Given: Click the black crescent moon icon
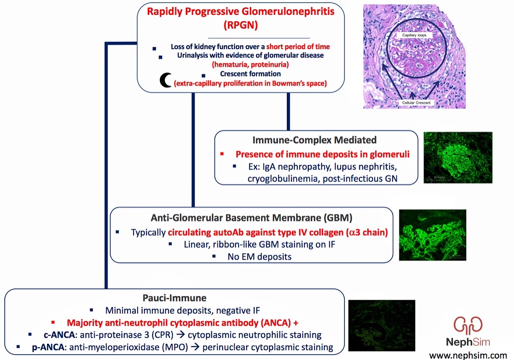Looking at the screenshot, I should point(166,80).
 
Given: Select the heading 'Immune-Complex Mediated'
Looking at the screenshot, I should point(315,140).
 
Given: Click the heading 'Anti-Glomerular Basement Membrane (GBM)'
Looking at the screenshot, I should point(251,218).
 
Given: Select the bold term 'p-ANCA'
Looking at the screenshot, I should point(47,347).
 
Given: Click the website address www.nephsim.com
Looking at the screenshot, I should point(468,354).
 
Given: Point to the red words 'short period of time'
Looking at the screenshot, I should point(297,47).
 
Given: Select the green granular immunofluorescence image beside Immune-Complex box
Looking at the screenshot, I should point(457,157).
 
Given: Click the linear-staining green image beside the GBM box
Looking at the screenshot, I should point(432,235).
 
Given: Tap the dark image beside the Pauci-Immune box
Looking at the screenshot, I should point(381,327).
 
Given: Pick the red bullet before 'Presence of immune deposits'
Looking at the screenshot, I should point(222,154).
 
